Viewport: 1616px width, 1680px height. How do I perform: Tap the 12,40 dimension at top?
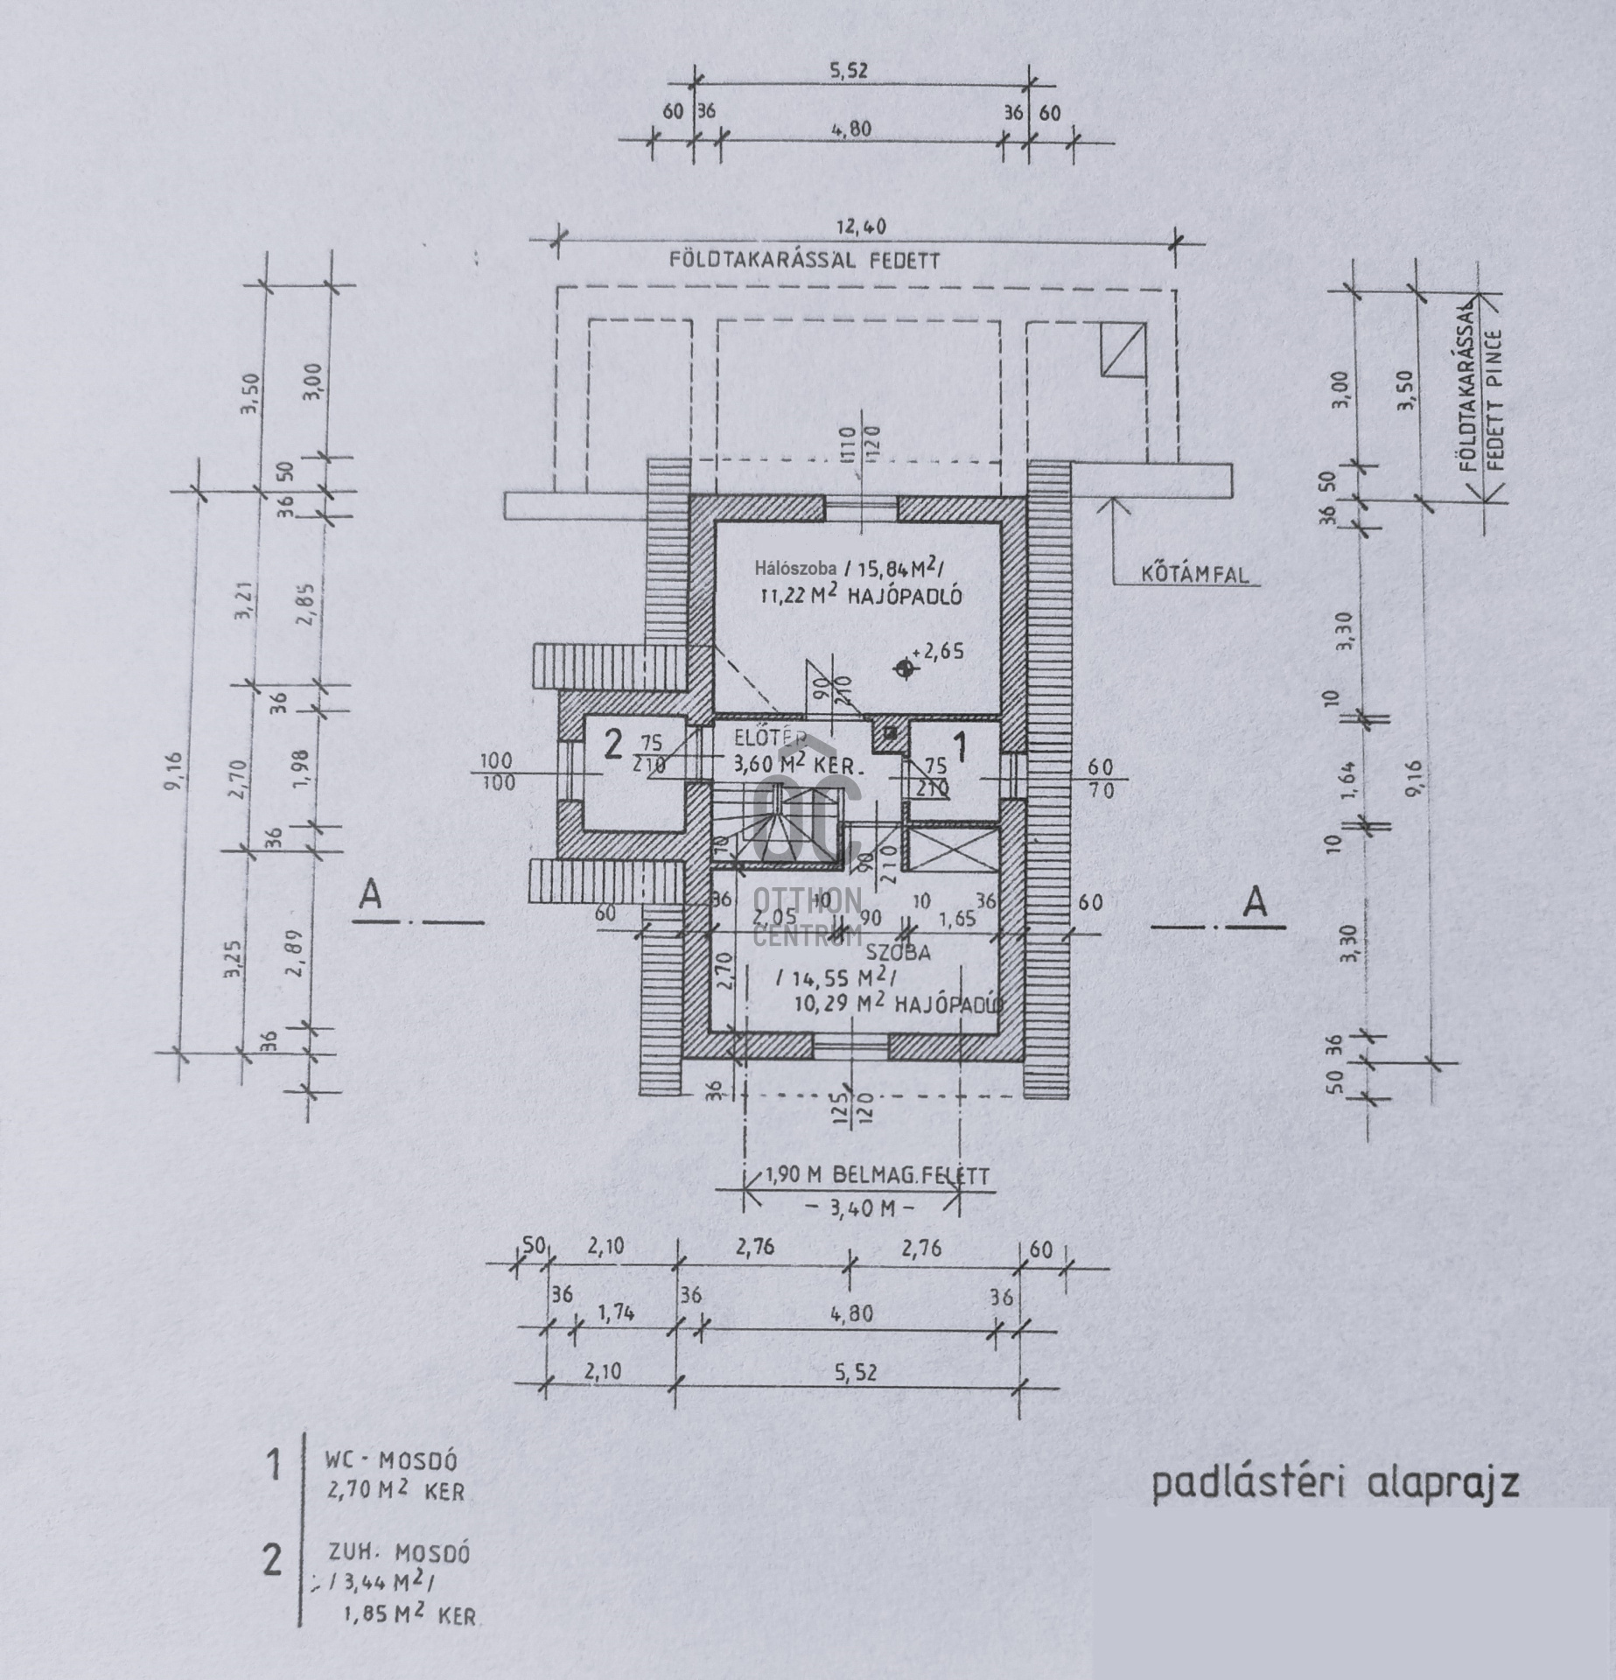pyautogui.click(x=863, y=227)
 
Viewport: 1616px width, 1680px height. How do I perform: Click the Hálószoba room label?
pyautogui.click(x=794, y=569)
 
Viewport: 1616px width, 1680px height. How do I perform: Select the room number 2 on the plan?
pyautogui.click(x=613, y=745)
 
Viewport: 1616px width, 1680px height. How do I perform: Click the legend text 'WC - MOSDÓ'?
pyautogui.click(x=392, y=1460)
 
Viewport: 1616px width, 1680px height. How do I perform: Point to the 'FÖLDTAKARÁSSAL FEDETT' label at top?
pyautogui.click(x=804, y=260)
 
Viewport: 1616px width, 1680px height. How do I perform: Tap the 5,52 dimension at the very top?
pyautogui.click(x=848, y=70)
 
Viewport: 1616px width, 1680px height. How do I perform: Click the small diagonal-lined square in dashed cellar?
pyautogui.click(x=1123, y=348)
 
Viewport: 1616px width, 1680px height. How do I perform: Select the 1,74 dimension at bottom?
pyautogui.click(x=617, y=1312)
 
